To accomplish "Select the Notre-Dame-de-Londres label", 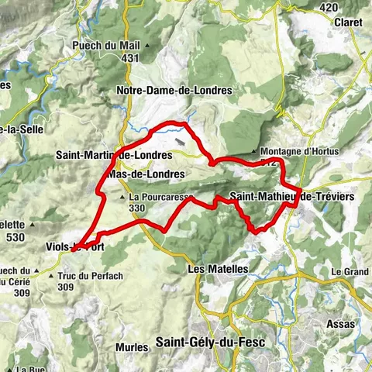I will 174,90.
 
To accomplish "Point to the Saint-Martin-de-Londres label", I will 114,155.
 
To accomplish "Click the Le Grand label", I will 349,272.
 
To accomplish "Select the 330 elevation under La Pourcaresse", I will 136,208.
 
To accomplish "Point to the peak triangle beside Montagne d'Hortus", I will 258,151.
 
